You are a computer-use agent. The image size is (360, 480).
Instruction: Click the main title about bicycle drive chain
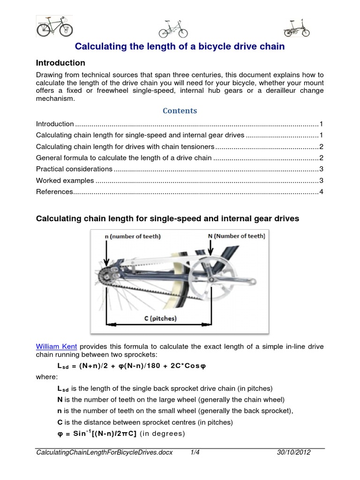[x=180, y=47]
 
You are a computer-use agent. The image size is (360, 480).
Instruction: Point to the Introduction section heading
[x=60, y=63]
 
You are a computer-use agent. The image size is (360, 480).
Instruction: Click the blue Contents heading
[x=180, y=111]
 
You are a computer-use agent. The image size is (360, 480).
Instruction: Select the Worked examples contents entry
[x=65, y=180]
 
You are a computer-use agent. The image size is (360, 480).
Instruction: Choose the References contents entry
[x=55, y=192]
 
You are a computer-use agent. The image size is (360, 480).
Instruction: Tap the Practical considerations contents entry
[x=74, y=169]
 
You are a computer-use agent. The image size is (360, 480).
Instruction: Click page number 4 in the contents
[x=321, y=192]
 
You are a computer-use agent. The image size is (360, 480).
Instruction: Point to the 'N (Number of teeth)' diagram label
[x=236, y=236]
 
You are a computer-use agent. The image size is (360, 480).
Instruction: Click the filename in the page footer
[x=105, y=452]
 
